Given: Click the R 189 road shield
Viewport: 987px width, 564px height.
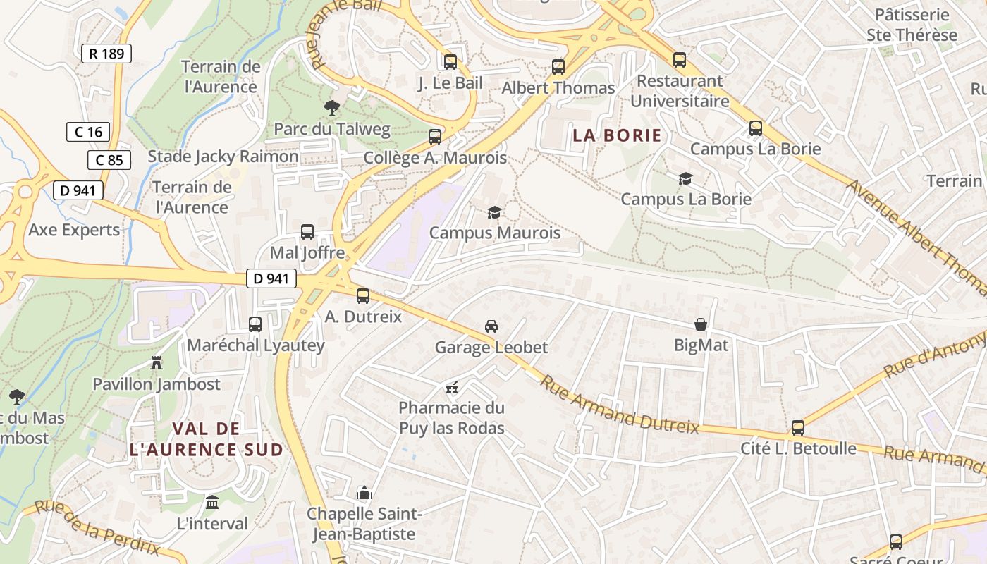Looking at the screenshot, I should pos(106,54).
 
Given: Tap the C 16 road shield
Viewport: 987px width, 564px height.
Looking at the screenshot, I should pos(88,132).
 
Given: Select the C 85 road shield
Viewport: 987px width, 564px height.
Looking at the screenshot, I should pos(109,160).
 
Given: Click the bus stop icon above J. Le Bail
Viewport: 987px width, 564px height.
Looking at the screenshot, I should pos(450,62).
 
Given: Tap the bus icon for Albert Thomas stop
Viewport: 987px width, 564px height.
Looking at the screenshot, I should pos(558,67).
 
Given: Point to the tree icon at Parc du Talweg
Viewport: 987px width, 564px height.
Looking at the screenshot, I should pos(331,108).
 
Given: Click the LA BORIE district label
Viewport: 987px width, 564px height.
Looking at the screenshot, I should pos(618,135).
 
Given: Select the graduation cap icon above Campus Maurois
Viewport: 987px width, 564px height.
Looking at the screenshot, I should pos(495,212).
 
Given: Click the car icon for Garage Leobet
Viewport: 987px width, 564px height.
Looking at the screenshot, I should pos(491,326).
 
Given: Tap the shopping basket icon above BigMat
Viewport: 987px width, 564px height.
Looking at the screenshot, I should pos(701,324).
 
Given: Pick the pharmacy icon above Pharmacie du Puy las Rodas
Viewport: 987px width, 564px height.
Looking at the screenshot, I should pos(452,387).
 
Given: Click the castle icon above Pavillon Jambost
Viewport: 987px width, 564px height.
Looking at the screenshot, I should pos(157,363).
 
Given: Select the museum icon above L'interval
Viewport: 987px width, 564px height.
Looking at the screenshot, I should pos(212,503).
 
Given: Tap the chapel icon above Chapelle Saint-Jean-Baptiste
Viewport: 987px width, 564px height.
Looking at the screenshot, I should pos(364,493).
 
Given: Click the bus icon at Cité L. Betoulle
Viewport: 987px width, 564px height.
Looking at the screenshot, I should pos(798,428).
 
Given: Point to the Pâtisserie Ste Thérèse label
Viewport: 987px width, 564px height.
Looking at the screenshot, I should pos(912,25).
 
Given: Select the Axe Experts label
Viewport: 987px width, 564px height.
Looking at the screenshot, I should pos(74,230).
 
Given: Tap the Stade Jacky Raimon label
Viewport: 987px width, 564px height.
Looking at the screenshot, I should pos(223,157).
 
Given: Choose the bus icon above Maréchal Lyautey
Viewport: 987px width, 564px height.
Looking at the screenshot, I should pos(255,324).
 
